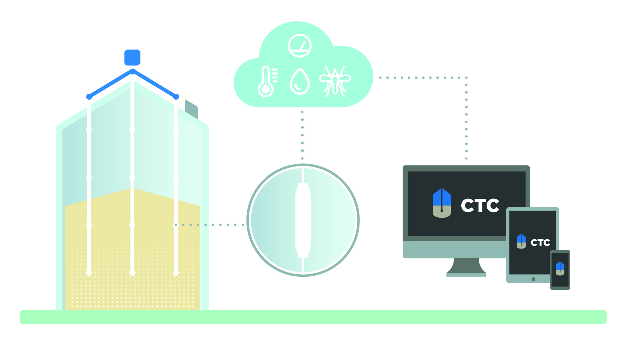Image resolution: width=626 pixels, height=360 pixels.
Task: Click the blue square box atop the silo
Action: tap(132, 58)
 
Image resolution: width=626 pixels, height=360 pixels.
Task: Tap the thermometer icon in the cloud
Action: tap(267, 82)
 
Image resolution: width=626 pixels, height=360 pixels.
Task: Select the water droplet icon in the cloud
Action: tap(300, 81)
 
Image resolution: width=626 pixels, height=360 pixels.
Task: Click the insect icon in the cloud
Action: tap(335, 81)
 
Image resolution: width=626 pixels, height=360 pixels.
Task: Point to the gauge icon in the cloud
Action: tap(300, 46)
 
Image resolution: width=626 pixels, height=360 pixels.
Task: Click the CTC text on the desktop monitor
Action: tap(480, 205)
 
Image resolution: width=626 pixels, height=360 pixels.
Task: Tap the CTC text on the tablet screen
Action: tap(540, 243)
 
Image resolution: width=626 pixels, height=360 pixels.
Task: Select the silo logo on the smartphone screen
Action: tap(560, 269)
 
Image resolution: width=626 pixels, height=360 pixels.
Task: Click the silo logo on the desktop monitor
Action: tap(442, 203)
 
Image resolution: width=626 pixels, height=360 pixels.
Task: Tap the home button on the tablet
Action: tap(533, 279)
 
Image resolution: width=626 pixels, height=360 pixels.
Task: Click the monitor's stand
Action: tap(466, 267)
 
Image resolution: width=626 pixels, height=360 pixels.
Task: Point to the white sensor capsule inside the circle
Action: tap(303, 220)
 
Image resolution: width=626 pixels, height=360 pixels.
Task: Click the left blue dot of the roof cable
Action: tap(89, 97)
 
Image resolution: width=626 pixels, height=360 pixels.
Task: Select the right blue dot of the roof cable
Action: tap(176, 97)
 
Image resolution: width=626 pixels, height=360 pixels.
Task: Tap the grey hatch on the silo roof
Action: tap(191, 110)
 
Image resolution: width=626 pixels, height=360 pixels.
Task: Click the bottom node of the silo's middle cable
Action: tap(132, 273)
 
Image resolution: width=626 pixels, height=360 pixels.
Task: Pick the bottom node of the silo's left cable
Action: tap(89, 273)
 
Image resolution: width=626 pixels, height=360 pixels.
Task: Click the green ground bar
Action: tap(313, 317)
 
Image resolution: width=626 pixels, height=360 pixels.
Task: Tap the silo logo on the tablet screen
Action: tap(521, 241)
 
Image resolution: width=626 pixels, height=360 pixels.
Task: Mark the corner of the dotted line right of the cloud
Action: tap(466, 78)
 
